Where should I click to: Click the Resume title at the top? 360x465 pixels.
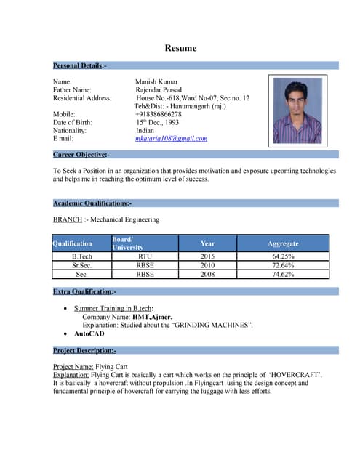180,48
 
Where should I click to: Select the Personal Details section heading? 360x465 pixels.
80,66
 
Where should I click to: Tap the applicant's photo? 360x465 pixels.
297,111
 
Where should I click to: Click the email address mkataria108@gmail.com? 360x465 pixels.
171,138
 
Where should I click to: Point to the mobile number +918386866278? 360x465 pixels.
158,114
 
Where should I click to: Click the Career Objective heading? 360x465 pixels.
81,155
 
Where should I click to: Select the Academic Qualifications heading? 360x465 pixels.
92,203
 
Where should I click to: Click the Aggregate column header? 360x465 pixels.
283,243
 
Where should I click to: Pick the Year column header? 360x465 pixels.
207,243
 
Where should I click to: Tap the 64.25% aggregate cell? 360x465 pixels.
283,256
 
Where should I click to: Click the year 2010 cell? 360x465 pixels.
207,266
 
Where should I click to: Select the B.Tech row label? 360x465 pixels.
81,256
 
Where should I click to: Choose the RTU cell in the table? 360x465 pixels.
145,256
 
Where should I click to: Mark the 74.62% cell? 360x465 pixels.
283,275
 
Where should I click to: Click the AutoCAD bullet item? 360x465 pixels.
89,333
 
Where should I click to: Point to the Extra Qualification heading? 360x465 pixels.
84,291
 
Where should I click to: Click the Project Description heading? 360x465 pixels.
84,350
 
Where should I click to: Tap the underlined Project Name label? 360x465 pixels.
73,367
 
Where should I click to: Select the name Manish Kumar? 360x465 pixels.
156,82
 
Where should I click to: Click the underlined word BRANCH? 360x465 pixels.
68,219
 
